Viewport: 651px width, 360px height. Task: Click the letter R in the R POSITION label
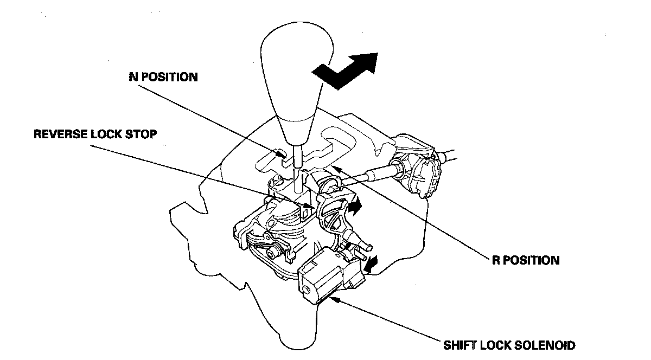(496, 260)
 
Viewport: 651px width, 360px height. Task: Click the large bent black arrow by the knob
(347, 70)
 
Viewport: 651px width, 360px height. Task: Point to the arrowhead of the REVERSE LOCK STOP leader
(313, 207)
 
